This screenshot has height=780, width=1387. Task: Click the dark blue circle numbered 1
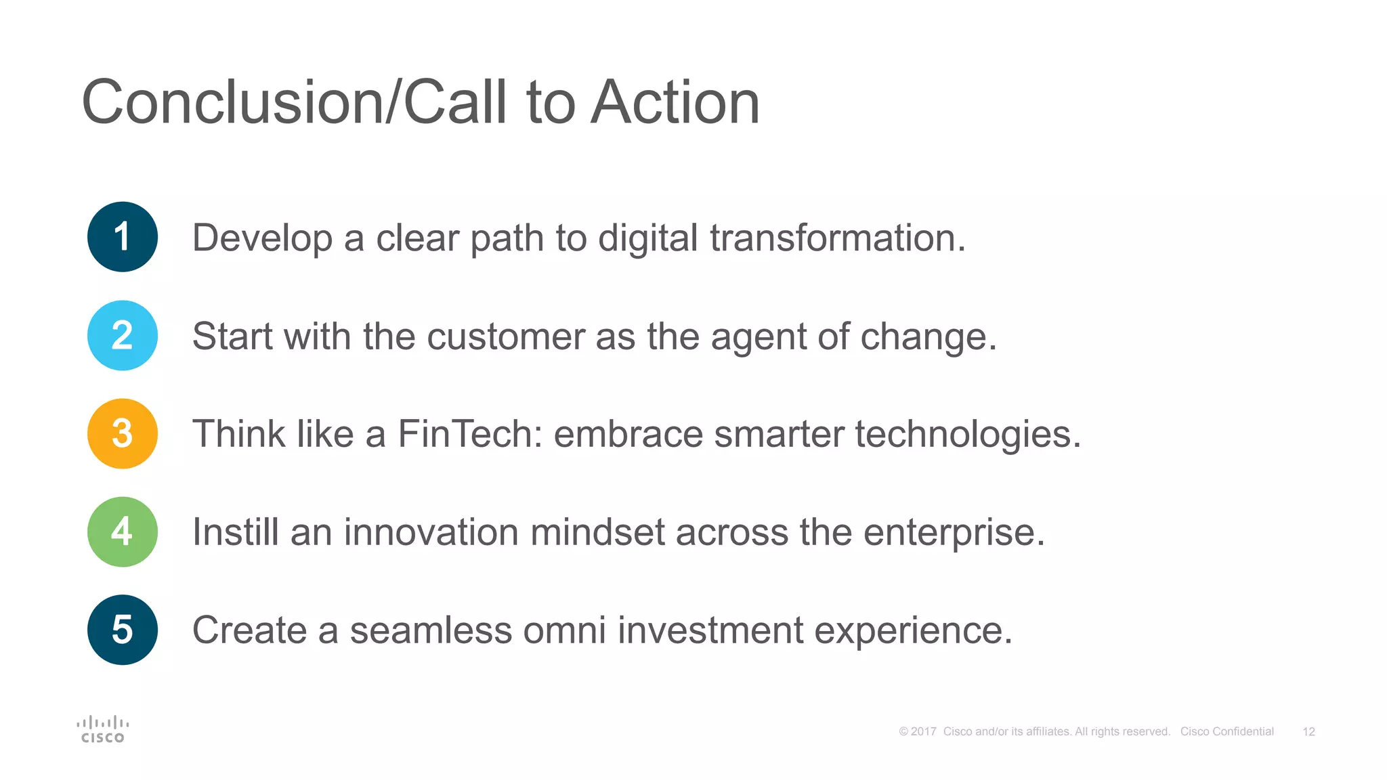coord(123,237)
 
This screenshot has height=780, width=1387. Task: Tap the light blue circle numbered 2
coord(123,335)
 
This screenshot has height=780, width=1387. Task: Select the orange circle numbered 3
coord(123,433)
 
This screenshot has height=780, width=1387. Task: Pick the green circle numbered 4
coord(123,532)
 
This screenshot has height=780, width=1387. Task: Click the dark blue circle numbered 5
coord(123,630)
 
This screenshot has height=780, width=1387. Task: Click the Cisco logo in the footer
coord(103,729)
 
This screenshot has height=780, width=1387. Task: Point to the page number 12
coord(1308,732)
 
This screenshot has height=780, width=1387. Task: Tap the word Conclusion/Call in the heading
coord(294,102)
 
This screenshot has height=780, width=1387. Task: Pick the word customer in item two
coord(505,337)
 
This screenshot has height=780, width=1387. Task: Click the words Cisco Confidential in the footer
coord(1226,732)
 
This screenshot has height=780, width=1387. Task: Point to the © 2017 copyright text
coord(917,732)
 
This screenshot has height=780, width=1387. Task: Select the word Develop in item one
coord(262,239)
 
